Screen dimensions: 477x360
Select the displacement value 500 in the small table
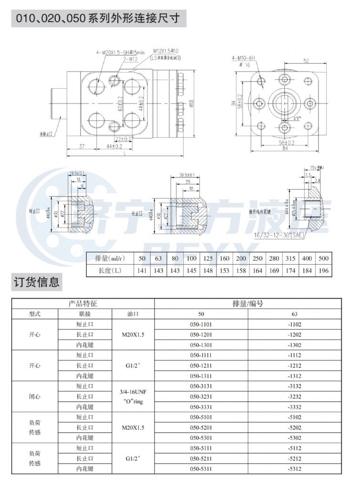[323, 258]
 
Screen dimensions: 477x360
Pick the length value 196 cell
[323, 270]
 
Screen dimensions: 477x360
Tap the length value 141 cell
[142, 270]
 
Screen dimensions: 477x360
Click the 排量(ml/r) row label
[108, 258]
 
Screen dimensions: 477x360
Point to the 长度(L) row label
[108, 270]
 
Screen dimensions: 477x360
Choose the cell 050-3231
[201, 396]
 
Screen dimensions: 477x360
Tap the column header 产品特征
[83, 303]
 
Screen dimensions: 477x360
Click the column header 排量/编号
[247, 303]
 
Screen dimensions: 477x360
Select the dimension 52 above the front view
[306, 60]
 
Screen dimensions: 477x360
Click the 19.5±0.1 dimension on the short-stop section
[77, 173]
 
